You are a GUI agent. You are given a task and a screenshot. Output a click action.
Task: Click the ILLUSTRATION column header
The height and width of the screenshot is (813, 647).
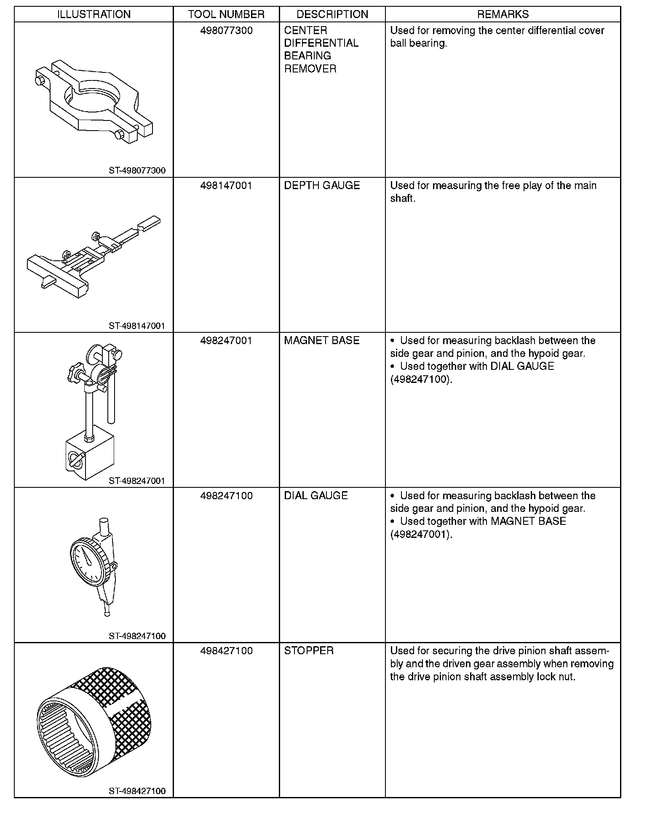(x=94, y=14)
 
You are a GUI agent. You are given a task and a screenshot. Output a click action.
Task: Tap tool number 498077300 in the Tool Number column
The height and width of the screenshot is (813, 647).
(x=226, y=30)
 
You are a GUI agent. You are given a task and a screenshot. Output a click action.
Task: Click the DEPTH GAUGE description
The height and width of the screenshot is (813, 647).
(x=322, y=186)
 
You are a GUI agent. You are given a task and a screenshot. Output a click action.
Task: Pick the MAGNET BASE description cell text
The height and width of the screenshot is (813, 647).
(x=322, y=340)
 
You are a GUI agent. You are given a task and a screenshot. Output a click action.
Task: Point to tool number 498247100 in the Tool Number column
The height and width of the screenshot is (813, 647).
(x=226, y=496)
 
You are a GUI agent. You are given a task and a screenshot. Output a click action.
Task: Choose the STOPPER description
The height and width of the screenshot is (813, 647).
(x=309, y=651)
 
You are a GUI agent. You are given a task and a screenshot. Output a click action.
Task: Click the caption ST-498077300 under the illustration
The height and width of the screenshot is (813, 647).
(x=137, y=171)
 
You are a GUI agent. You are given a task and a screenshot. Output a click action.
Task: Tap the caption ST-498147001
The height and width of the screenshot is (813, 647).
(x=137, y=326)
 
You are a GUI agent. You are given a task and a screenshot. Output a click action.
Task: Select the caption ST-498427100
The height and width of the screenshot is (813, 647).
(x=137, y=791)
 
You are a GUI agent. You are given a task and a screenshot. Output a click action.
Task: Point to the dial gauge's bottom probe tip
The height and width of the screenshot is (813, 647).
(x=107, y=614)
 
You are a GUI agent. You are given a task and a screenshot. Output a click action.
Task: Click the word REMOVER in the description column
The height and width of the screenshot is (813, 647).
(x=310, y=69)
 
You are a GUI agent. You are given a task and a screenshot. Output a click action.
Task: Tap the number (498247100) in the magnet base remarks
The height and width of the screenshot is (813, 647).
(x=421, y=379)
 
